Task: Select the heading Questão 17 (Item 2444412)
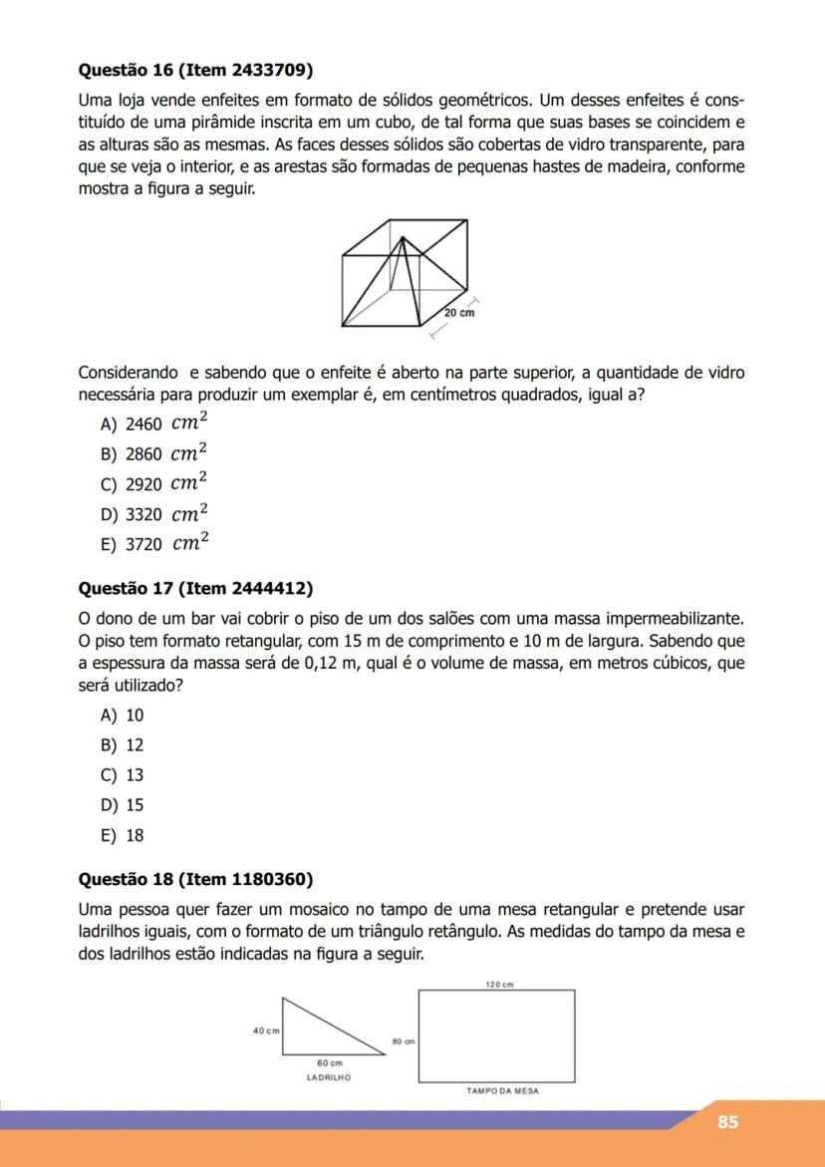tap(195, 588)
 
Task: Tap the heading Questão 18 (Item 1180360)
tap(195, 879)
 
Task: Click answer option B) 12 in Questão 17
tap(123, 745)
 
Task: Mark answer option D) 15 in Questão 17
tap(123, 805)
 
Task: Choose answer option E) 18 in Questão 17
tap(123, 836)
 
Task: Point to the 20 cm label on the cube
tap(459, 312)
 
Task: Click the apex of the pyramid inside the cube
tap(404, 238)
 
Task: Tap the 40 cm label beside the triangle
tap(266, 1029)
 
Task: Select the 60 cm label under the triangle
tap(330, 1064)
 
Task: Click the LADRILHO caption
tap(330, 1077)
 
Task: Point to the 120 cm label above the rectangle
tap(498, 984)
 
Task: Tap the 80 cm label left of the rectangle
tap(404, 1040)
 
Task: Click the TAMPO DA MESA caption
tap(502, 1091)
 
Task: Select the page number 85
tap(727, 1122)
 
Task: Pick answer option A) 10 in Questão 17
tap(123, 716)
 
